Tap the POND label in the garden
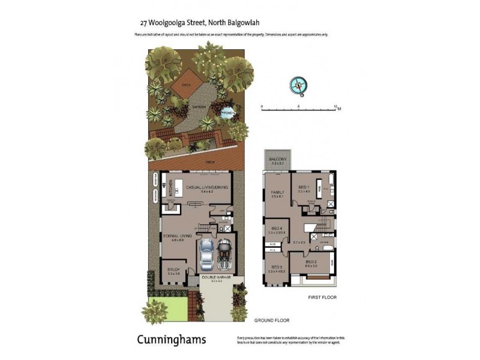227,112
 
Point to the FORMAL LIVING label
177,236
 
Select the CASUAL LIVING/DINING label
207,188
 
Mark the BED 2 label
311,262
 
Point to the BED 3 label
277,266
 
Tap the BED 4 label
277,229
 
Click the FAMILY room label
277,192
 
